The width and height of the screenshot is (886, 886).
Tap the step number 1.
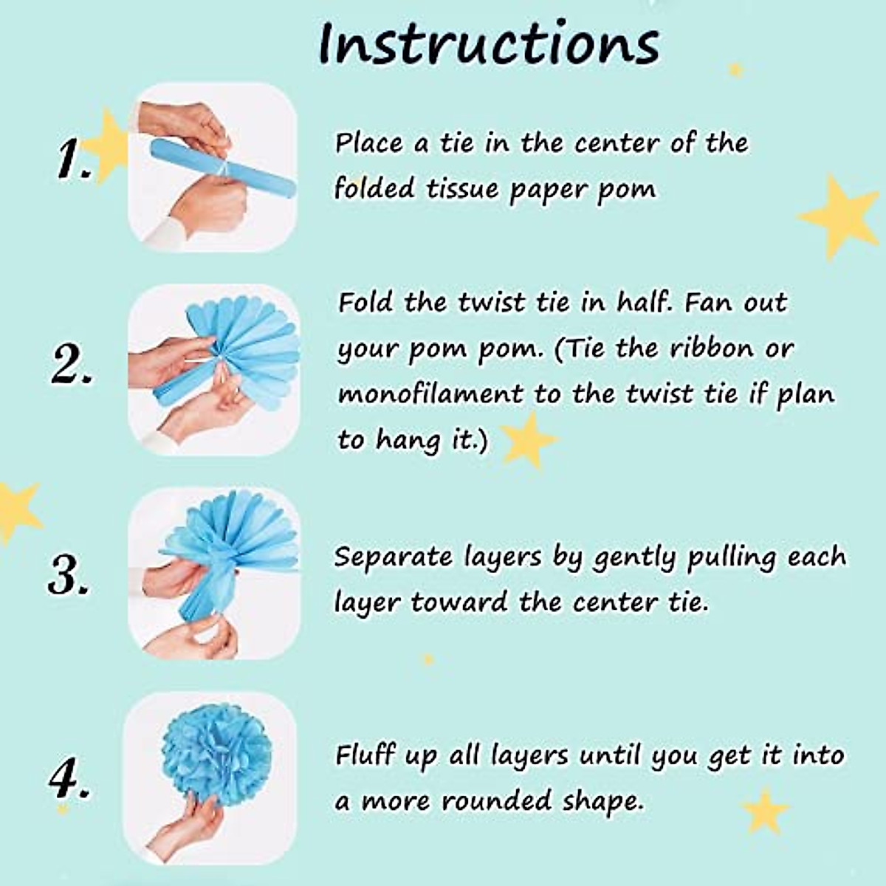click(x=75, y=160)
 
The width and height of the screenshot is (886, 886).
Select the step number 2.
click(x=72, y=365)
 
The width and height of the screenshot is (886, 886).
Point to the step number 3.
click(x=69, y=574)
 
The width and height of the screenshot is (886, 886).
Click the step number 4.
click(x=69, y=780)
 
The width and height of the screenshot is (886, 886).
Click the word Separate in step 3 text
click(x=392, y=557)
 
